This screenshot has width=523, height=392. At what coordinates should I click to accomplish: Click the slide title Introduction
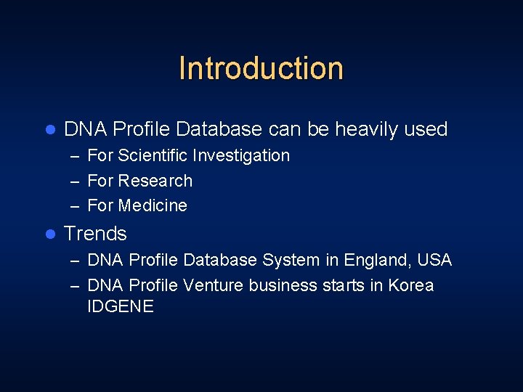tap(261, 68)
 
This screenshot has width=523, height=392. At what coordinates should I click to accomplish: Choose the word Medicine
tap(153, 206)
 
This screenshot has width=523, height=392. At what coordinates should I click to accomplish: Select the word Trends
tap(95, 234)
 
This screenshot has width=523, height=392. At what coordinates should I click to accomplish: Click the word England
tap(377, 260)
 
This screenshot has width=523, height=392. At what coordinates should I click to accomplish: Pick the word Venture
tap(214, 285)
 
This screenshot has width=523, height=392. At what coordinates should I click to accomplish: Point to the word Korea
tap(411, 285)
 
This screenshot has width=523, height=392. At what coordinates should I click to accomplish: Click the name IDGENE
tap(121, 307)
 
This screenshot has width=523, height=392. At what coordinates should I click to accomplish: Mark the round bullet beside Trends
tap(50, 234)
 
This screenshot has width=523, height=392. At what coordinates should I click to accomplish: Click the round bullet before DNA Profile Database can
tap(50, 130)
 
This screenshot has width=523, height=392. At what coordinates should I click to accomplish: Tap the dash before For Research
tap(75, 181)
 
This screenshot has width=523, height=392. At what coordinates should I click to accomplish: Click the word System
tap(291, 260)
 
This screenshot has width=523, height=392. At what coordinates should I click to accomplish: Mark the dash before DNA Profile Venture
tap(75, 286)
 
